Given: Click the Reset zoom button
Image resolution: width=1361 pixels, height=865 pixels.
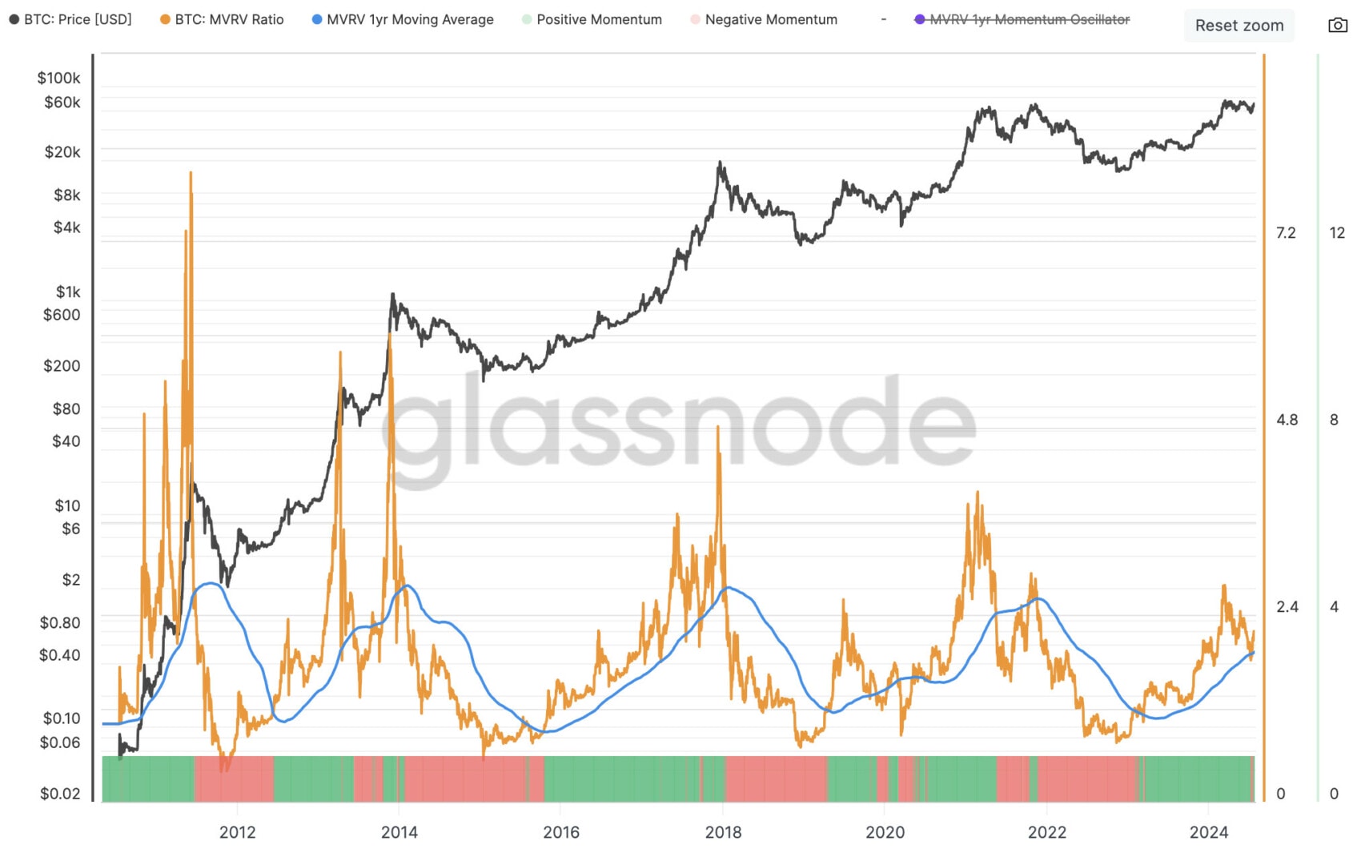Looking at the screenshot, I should (1239, 26).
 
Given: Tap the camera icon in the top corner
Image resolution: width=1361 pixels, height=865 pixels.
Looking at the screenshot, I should (1337, 26).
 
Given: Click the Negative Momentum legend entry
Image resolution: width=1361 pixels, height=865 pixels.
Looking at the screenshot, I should (764, 19).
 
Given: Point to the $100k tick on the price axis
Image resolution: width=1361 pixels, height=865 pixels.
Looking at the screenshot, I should (58, 78).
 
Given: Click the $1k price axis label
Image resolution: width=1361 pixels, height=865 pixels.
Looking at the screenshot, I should (68, 292).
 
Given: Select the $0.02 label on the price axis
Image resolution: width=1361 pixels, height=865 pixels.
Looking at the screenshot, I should (60, 794).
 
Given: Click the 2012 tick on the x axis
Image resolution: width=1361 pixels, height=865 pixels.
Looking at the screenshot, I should (238, 832).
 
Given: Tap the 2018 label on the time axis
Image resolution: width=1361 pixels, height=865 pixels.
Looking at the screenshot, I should (723, 832).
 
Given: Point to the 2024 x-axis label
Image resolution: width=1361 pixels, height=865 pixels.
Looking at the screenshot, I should (1209, 832).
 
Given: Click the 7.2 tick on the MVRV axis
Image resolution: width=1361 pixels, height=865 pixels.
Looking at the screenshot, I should (1286, 233).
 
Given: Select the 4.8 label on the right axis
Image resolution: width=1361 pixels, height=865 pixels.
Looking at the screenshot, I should (1287, 420).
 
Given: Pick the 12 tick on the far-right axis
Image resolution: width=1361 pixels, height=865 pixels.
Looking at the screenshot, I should (1337, 233).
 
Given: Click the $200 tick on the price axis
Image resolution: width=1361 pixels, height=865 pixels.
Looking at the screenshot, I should (62, 366).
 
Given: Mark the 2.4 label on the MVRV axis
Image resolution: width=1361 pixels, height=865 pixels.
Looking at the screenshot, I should (1287, 607).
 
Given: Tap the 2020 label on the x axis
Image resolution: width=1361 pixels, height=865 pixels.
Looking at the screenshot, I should (885, 832).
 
